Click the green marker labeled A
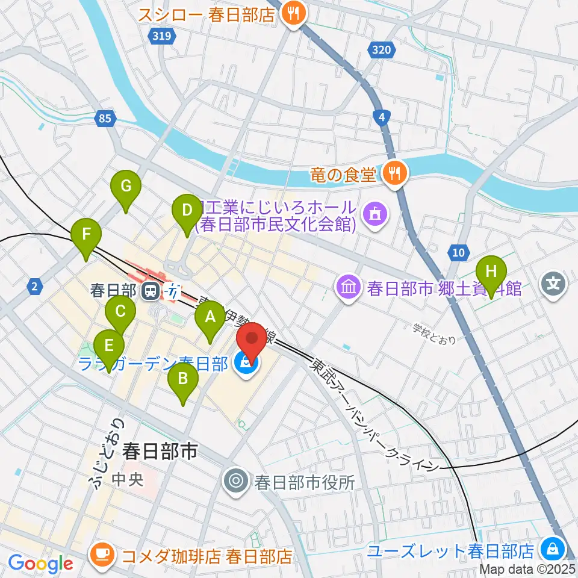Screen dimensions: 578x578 coord(210,317)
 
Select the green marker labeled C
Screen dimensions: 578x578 coord(120,312)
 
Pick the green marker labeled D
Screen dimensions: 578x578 coord(187,211)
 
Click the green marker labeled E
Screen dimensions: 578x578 coord(109,346)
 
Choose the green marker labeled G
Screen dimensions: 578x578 coord(125,187)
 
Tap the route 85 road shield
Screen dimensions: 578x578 coord(105,119)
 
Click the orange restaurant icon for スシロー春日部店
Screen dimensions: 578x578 coord(293,14)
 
